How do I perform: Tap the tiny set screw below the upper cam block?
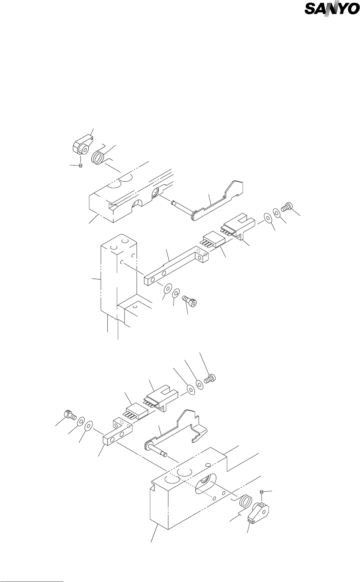click(80, 166)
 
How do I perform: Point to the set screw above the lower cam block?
click(262, 492)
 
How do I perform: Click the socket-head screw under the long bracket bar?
click(190, 301)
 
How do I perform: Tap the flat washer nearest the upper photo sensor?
click(268, 218)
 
